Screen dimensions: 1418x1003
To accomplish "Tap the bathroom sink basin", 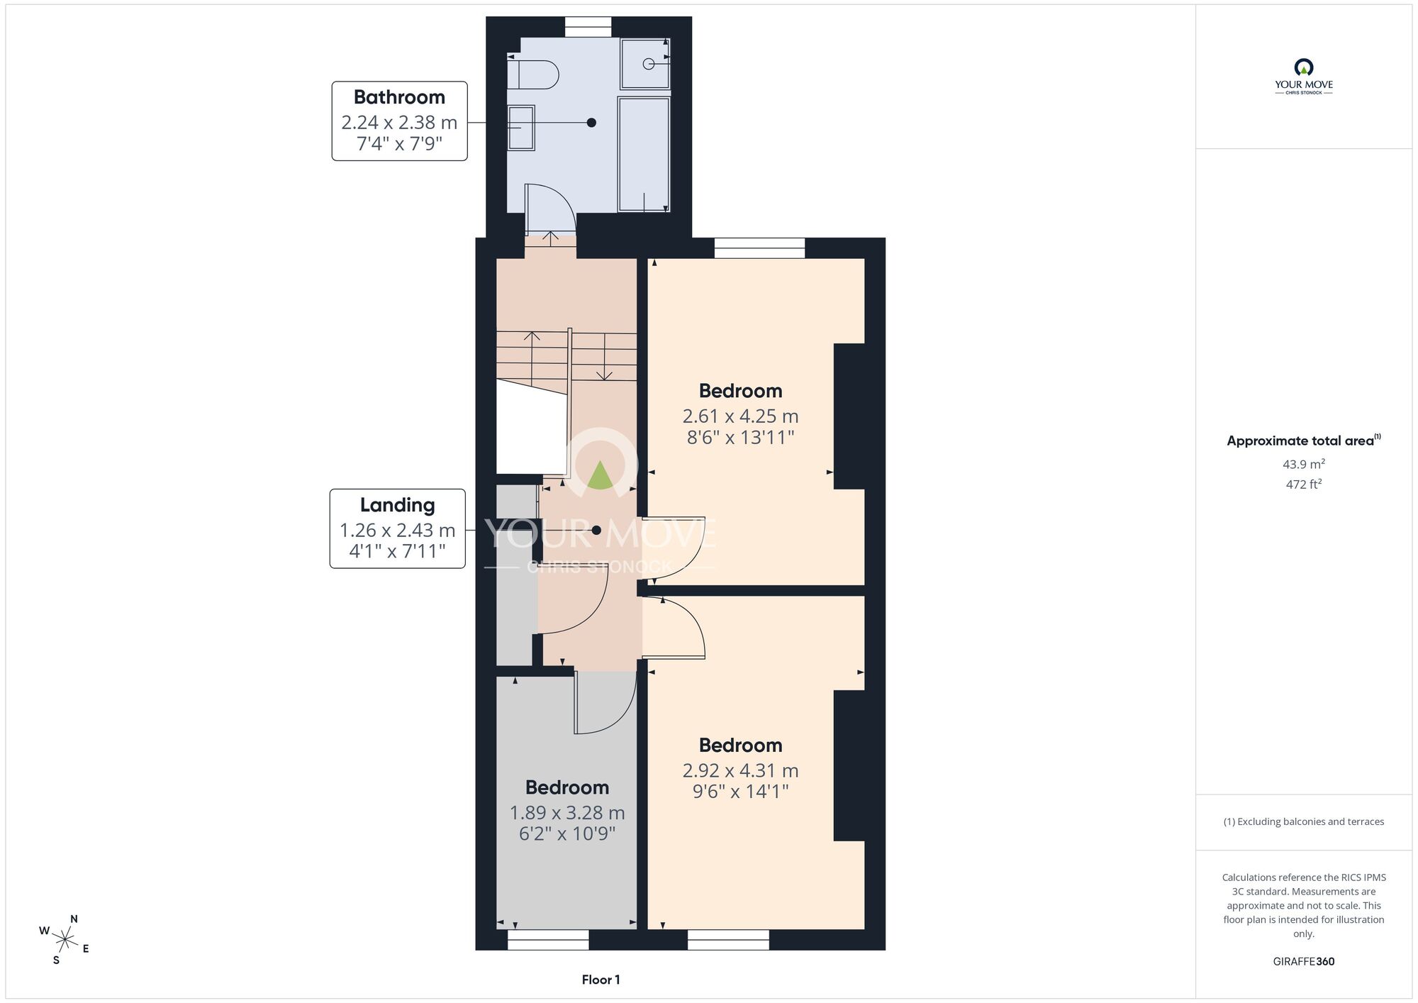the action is pyautogui.click(x=521, y=128).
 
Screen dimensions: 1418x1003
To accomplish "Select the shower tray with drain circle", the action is pyautogui.click(x=645, y=64).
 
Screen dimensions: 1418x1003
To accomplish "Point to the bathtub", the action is pyautogui.click(x=644, y=154).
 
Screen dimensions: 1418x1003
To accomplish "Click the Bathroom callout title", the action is pyautogui.click(x=399, y=97).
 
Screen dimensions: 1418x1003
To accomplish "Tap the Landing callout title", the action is pyautogui.click(x=397, y=505).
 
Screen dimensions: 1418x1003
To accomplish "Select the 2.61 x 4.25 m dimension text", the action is pyautogui.click(x=740, y=416).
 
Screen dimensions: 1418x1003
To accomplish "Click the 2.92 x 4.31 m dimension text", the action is pyautogui.click(x=740, y=770).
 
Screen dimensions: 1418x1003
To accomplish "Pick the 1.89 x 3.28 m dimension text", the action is pyautogui.click(x=567, y=812).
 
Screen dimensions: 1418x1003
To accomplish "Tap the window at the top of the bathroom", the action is pyautogui.click(x=588, y=27).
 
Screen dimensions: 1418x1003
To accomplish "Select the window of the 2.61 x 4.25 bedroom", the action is pyautogui.click(x=759, y=248).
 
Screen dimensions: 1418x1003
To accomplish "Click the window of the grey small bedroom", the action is pyautogui.click(x=548, y=940).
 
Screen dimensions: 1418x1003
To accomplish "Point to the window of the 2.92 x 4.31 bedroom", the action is pyautogui.click(x=728, y=940).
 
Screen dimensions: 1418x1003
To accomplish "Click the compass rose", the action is pyautogui.click(x=65, y=941).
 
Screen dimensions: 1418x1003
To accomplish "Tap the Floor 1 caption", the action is pyautogui.click(x=601, y=980).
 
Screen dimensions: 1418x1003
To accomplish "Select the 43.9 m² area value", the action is pyautogui.click(x=1303, y=464).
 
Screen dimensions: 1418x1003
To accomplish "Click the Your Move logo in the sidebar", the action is pyautogui.click(x=1303, y=77).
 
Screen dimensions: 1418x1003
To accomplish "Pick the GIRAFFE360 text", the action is pyautogui.click(x=1303, y=962).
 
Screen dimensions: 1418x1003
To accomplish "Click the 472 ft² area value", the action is pyautogui.click(x=1303, y=484).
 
